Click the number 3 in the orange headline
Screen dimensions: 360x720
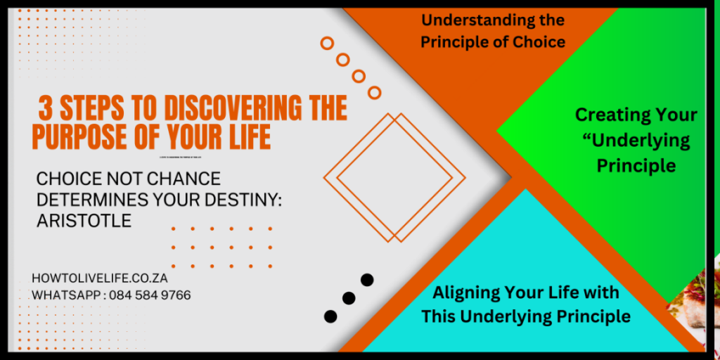[46, 109]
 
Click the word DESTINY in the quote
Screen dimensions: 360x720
[240, 200]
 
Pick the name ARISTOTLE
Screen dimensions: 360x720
[84, 220]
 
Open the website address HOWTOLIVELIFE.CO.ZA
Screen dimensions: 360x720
[99, 278]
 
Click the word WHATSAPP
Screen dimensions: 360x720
[65, 295]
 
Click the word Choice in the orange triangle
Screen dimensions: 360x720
[539, 42]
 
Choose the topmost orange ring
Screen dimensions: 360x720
[327, 44]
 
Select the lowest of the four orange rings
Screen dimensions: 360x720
[374, 92]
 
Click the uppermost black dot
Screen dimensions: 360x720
[366, 280]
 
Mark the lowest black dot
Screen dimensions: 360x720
[330, 316]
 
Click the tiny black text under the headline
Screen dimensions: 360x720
[190, 157]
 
